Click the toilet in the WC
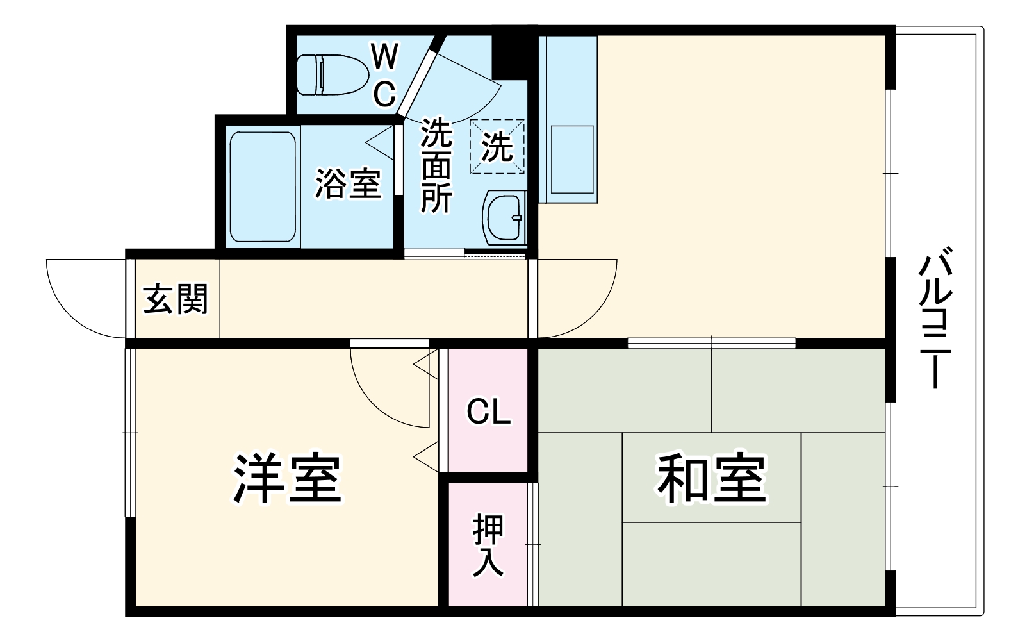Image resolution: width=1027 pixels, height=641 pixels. coord(332,75)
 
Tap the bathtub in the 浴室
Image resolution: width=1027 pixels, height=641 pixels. coord(263,187)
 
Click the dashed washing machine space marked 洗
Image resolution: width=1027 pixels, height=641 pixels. coord(497,146)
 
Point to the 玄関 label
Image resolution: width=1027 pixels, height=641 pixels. coord(176,299)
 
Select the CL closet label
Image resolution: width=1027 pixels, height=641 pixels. coord(488,412)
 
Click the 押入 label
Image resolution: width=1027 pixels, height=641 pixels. coord(488,545)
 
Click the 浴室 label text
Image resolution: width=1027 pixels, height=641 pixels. coord(347,184)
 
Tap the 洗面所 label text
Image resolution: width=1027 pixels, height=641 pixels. coord(436,165)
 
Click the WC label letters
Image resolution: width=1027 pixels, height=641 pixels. coord(384,76)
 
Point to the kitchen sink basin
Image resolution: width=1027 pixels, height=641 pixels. coord(572,159)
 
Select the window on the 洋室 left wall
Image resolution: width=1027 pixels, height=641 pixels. coord(130,433)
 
